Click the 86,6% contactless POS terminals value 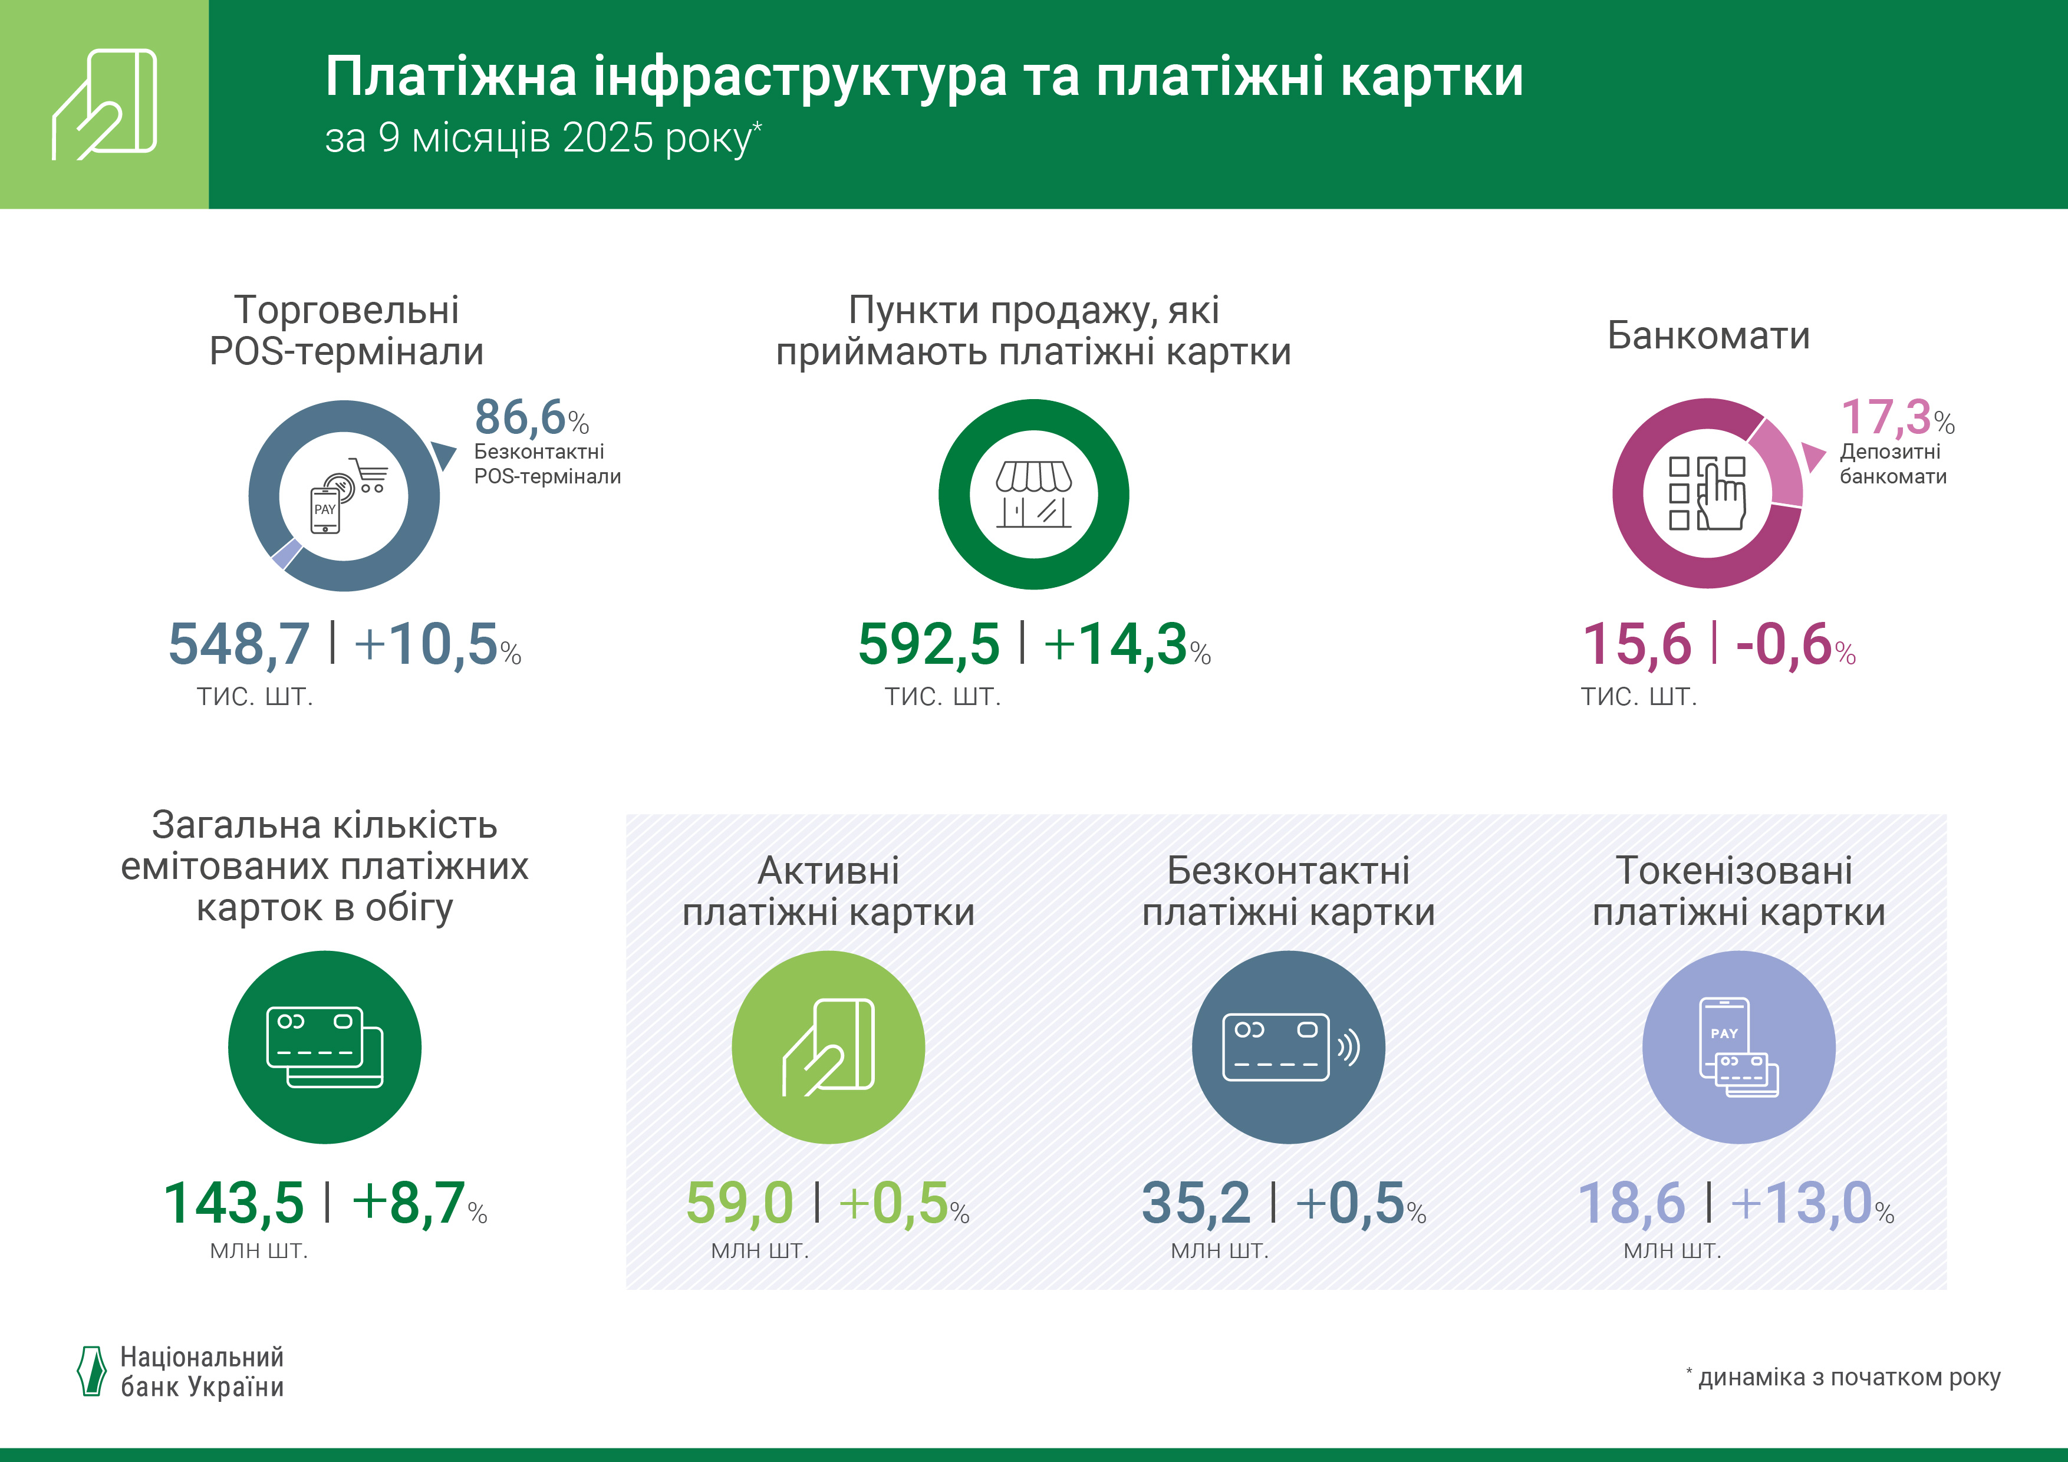[x=531, y=418]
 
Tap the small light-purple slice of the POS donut [x=287, y=553]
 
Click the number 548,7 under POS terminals [x=239, y=645]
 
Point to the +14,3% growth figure [x=1126, y=645]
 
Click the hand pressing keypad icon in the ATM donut [x=1708, y=493]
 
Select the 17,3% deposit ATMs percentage [x=1896, y=418]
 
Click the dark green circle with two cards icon [x=324, y=1047]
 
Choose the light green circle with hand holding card [x=828, y=1047]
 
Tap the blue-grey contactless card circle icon [x=1288, y=1047]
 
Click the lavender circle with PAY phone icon [x=1738, y=1047]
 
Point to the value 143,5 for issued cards [x=233, y=1203]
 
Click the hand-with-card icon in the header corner [x=104, y=104]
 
